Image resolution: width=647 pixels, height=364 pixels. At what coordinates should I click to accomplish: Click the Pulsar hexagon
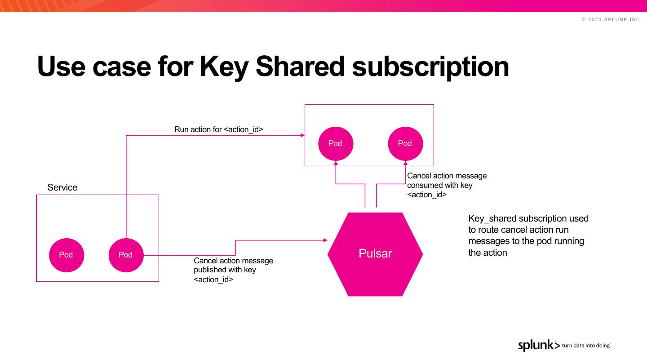pos(375,254)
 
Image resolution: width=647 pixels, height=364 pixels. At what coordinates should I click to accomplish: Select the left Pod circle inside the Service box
pos(66,255)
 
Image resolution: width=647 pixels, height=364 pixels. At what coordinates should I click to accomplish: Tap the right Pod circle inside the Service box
pos(126,255)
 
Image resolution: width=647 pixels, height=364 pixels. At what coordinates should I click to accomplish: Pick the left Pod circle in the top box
pos(335,143)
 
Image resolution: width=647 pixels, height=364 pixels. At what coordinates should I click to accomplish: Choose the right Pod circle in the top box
pos(405,143)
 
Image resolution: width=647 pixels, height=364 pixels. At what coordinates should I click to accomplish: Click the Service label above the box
pos(62,187)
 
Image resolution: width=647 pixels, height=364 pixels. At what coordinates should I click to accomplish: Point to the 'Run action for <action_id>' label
pos(218,129)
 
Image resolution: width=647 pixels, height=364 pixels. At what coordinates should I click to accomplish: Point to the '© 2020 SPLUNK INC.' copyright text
pos(612,19)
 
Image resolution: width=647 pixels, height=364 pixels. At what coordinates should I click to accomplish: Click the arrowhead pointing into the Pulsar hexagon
pos(326,240)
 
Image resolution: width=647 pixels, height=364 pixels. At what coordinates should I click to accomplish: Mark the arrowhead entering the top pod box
pos(303,135)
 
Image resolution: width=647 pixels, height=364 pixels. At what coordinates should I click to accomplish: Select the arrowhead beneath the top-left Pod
pos(336,163)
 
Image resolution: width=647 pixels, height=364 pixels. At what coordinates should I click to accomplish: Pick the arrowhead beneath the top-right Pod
pos(405,163)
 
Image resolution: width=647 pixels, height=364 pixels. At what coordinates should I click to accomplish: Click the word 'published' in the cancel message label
pos(210,270)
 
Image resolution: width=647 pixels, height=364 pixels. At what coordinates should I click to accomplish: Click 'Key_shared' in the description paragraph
pos(492,218)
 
